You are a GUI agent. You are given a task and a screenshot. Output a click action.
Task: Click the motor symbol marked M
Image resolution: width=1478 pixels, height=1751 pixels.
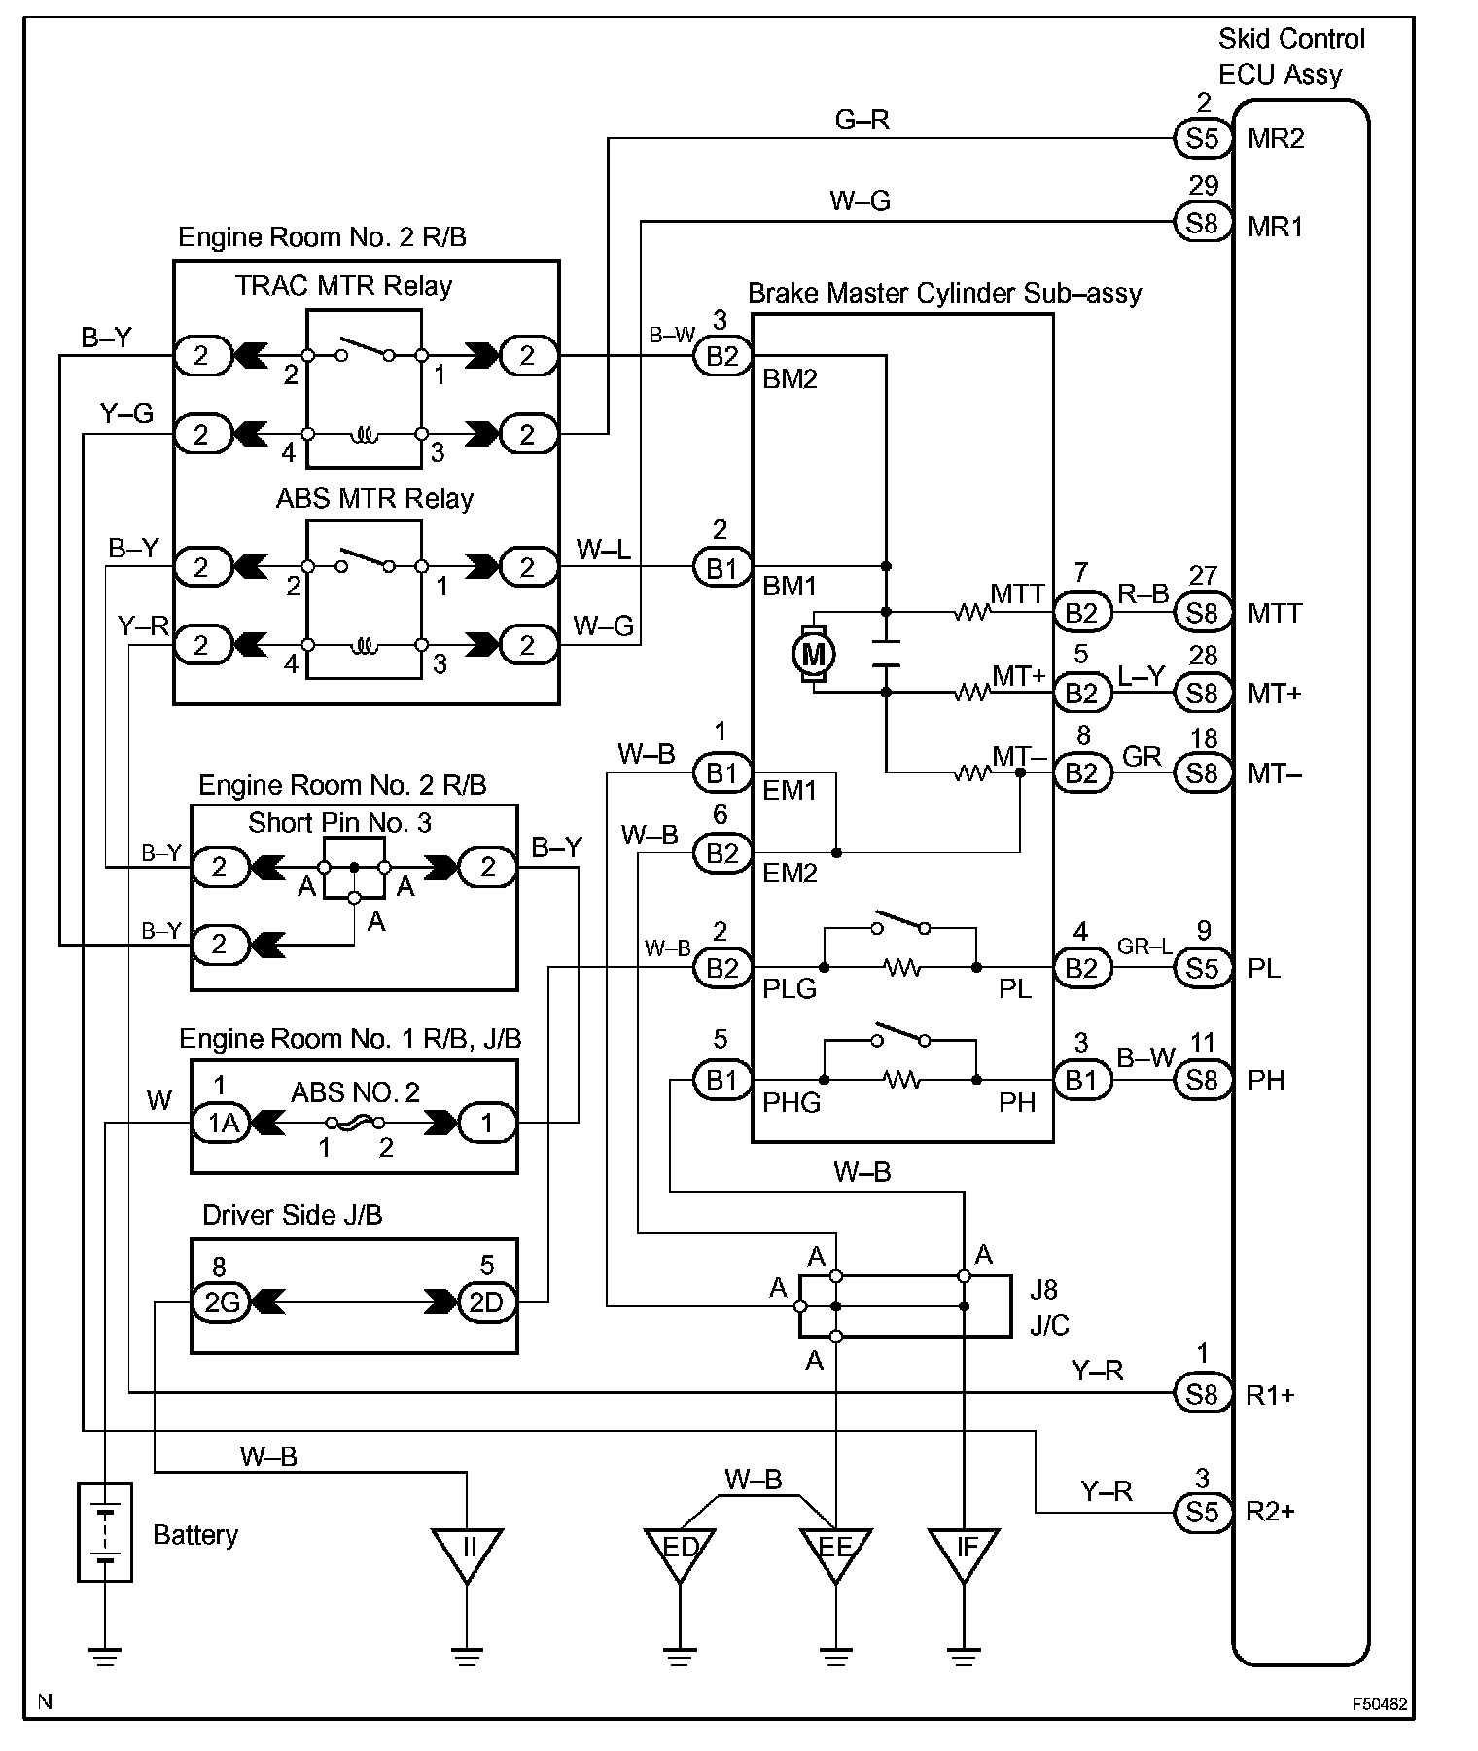[813, 654]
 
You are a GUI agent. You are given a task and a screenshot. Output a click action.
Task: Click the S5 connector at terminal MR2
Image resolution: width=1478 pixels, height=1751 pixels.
[1203, 138]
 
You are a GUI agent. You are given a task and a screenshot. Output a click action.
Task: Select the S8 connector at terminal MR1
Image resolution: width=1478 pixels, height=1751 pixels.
[1203, 224]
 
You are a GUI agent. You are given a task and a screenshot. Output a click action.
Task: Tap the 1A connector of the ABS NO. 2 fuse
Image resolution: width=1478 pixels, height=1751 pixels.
[223, 1123]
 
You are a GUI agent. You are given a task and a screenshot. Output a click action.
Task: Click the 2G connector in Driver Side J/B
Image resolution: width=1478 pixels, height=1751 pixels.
[222, 1302]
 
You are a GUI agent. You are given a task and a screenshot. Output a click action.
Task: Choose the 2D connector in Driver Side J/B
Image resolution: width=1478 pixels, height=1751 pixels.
[486, 1302]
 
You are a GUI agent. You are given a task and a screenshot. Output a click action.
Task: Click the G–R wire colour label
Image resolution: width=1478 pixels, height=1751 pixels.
[862, 120]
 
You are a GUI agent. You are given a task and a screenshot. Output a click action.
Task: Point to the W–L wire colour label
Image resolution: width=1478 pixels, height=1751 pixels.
[603, 550]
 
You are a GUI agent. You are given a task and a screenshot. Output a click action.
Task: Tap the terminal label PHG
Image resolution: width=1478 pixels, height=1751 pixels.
[792, 1102]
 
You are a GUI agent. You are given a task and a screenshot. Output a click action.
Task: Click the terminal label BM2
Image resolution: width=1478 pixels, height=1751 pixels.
[790, 378]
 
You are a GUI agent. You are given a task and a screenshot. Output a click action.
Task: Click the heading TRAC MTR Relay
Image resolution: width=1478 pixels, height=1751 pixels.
[343, 286]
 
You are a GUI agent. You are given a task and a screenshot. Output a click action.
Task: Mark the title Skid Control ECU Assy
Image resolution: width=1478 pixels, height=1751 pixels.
[1291, 56]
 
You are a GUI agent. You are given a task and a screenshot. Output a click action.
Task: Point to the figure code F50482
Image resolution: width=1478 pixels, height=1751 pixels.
[1380, 1704]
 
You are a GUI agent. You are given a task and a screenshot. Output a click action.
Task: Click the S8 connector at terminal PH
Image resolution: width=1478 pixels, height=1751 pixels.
[1203, 1080]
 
